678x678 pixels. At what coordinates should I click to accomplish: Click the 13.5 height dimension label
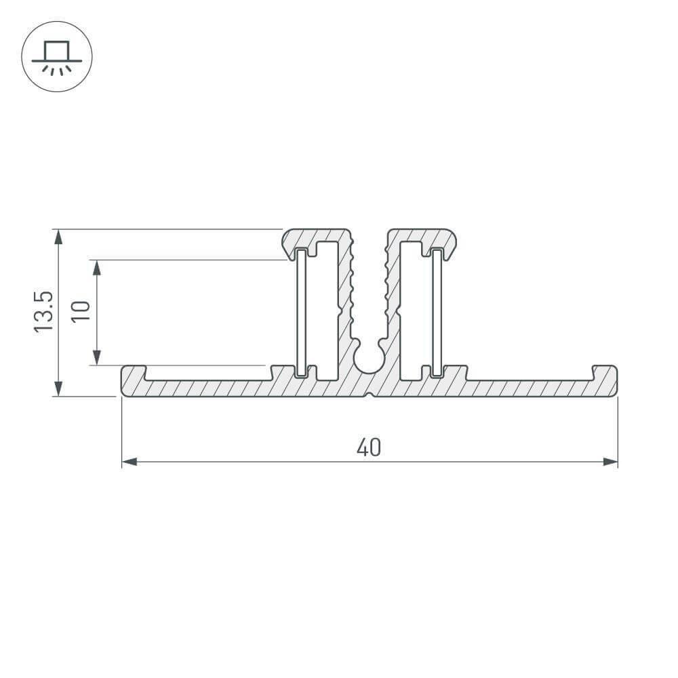click(x=43, y=312)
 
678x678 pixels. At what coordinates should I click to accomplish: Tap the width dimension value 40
click(x=369, y=447)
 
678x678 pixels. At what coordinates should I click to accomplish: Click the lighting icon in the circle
click(x=57, y=57)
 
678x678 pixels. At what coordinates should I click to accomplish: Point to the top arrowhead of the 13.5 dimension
click(x=58, y=236)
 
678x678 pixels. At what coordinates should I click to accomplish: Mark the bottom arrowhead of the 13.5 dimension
click(x=58, y=389)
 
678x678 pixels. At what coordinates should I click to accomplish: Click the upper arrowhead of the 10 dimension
click(x=97, y=266)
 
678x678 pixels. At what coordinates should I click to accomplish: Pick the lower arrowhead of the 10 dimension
click(x=97, y=357)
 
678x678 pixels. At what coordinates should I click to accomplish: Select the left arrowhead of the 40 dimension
click(x=129, y=462)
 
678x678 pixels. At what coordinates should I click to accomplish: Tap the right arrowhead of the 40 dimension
click(x=611, y=462)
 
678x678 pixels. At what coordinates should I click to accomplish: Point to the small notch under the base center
click(x=370, y=395)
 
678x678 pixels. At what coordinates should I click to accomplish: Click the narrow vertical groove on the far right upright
click(x=438, y=312)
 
